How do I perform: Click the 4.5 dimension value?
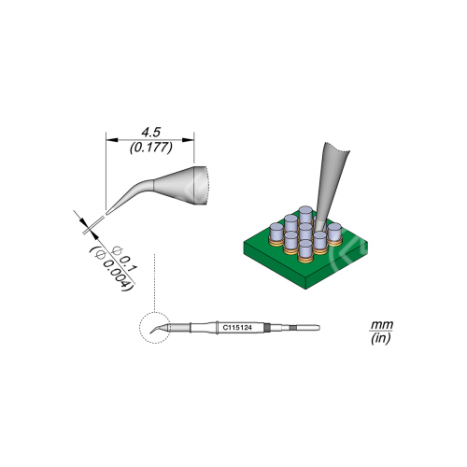(x=150, y=133)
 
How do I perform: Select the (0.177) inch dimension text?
(x=150, y=148)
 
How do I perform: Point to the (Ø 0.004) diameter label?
(x=111, y=269)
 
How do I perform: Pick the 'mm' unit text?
(x=381, y=325)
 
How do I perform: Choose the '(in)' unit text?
(x=381, y=338)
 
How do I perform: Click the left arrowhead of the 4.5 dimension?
(x=112, y=140)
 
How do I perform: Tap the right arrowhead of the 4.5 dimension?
(x=188, y=140)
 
